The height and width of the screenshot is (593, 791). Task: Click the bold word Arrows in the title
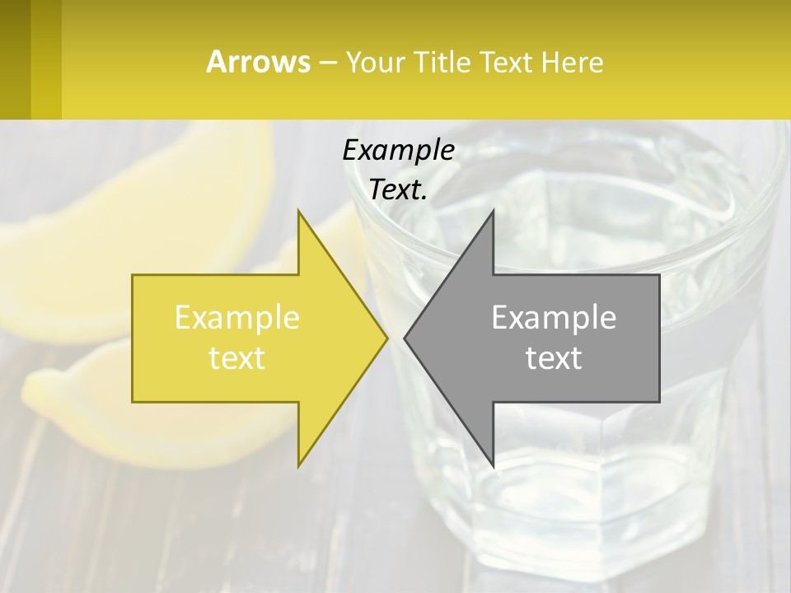pos(259,62)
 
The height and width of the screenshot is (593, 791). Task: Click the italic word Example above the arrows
pos(398,150)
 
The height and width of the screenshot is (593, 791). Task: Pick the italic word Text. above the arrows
pos(398,190)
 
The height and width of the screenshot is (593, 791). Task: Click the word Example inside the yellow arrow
pos(237,318)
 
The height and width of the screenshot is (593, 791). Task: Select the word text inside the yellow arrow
pos(237,358)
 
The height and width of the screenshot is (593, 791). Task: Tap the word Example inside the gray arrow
pos(554,318)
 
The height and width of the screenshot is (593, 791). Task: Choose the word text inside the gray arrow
pos(554,358)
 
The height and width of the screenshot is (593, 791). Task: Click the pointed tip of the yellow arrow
pos(386,338)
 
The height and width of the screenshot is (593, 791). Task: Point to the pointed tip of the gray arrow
pos(405,338)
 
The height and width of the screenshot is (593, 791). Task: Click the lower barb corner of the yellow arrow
pos(299,465)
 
